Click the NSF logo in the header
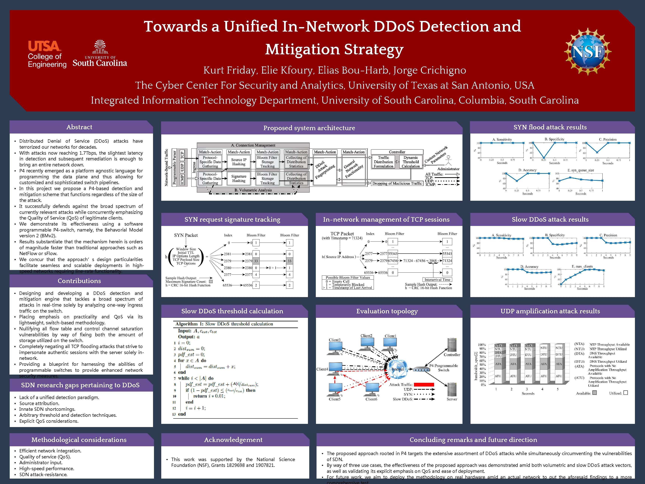pyautogui.click(x=587, y=52)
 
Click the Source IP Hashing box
pyautogui.click(x=239, y=162)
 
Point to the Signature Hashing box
pyautogui.click(x=239, y=179)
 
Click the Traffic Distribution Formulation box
pyautogui.click(x=384, y=162)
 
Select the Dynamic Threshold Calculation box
pyautogui.click(x=411, y=162)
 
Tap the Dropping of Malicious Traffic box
pyautogui.click(x=397, y=184)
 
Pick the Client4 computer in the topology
pyautogui.click(x=335, y=368)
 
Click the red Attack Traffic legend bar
pyautogui.click(x=424, y=384)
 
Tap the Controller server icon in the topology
pyautogui.click(x=452, y=345)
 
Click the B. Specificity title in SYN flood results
pyautogui.click(x=554, y=139)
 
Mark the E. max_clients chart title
pyautogui.click(x=582, y=266)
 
